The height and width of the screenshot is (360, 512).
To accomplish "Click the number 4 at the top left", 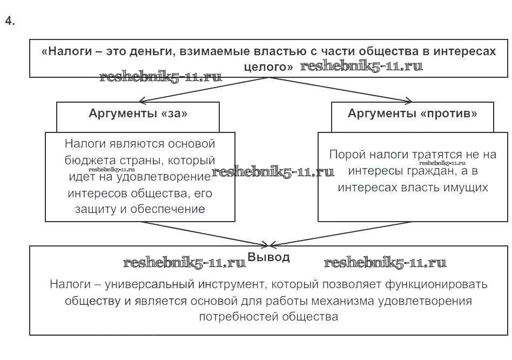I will (9, 21).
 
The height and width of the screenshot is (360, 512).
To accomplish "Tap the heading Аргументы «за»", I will (138, 114).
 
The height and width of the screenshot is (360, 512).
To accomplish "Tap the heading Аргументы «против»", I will (412, 114).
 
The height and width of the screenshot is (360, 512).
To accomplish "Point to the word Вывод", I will (269, 257).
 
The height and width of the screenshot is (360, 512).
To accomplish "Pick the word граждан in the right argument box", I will (413, 171).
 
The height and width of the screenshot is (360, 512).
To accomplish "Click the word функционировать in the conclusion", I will (436, 284).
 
